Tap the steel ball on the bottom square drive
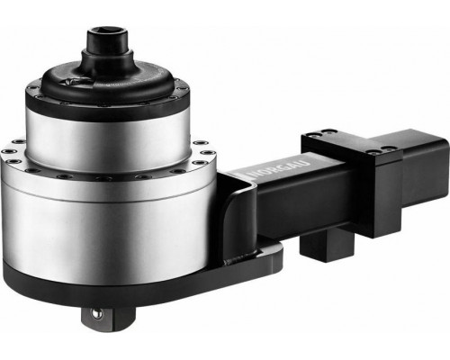(x=96, y=313)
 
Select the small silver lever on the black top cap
(x=73, y=81)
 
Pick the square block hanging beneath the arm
(x=327, y=244)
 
